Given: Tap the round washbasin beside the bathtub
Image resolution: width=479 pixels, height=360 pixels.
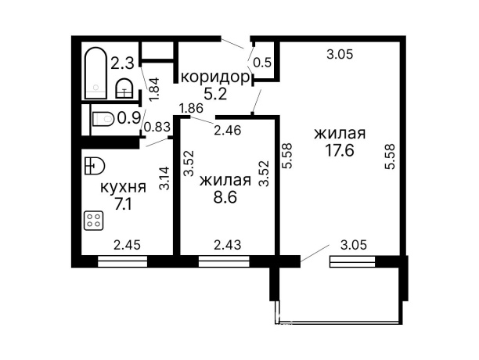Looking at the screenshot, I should (x=124, y=88).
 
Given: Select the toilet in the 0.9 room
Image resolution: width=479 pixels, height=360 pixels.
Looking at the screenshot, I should (x=102, y=119).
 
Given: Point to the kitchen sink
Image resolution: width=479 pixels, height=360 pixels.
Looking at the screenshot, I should (x=93, y=165).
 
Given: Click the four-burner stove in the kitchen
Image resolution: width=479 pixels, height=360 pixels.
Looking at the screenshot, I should (x=94, y=221).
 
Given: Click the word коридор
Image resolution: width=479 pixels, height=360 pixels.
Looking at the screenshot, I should (x=215, y=77).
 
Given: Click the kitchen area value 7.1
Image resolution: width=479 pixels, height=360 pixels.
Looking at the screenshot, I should (x=123, y=205).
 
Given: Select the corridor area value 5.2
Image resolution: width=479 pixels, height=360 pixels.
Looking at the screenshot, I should (x=215, y=94).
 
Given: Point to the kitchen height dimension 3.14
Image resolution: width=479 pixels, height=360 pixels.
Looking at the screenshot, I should (x=164, y=179).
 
